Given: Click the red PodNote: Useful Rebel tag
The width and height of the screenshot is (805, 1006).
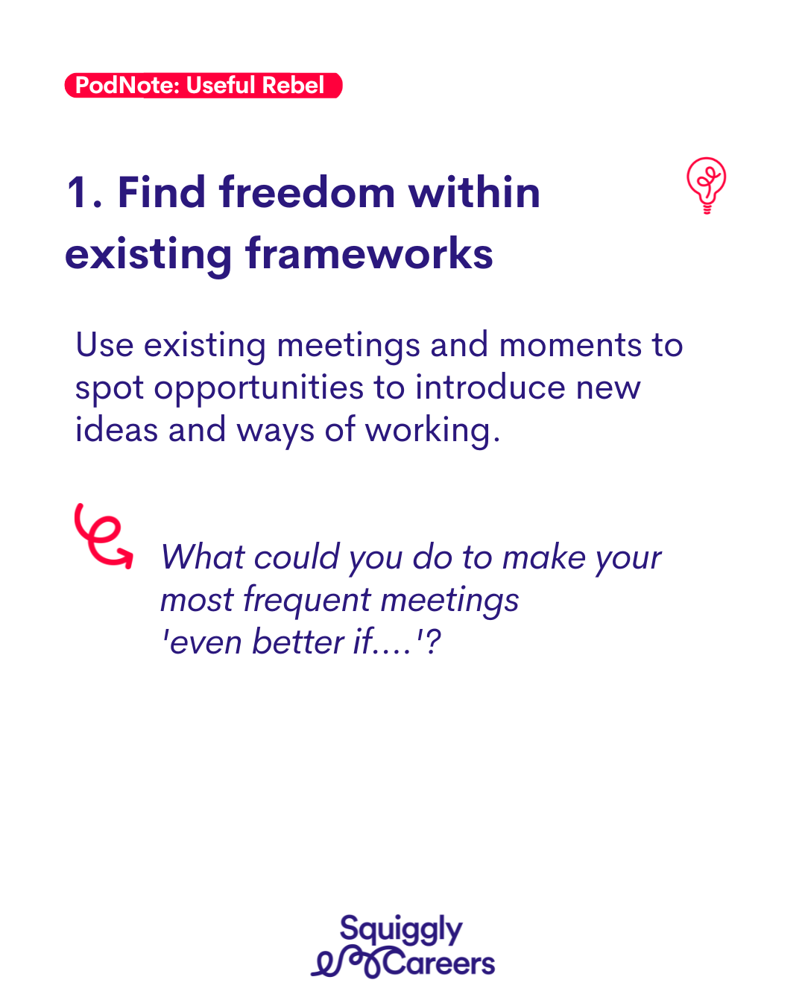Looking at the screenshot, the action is point(203,85).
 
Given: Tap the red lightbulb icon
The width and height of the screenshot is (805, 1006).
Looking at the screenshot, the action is point(707,185).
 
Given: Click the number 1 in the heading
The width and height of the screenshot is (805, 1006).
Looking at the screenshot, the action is point(78,192).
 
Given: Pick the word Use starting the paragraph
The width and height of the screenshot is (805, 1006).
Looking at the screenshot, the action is point(105,344).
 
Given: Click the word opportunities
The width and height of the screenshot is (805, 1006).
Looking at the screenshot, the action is point(259,388).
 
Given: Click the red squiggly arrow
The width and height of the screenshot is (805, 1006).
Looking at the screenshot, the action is point(103,537).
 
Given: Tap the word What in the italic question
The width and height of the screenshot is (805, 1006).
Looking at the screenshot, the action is point(203,557).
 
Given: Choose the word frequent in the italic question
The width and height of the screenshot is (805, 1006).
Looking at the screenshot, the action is point(307,601).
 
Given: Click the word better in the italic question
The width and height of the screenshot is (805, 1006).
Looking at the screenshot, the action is point(297,642).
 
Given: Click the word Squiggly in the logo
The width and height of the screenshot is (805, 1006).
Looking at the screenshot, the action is point(401,929).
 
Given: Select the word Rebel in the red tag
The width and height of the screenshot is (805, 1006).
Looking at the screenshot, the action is point(293,85).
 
